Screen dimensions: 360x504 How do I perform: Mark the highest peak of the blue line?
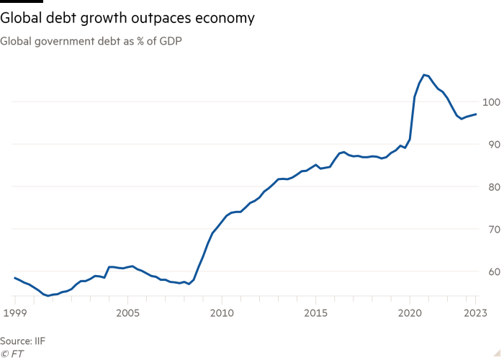pos(424,74)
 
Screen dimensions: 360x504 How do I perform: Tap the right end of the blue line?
pos(477,113)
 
